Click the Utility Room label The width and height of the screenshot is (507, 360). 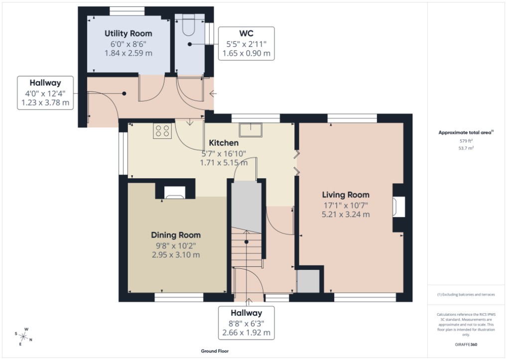tap(128, 33)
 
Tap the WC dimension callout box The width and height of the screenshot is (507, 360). tap(246, 43)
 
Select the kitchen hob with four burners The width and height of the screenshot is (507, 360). tap(162, 131)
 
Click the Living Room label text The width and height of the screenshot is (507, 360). tap(345, 195)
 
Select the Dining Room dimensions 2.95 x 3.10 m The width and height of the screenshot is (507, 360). tap(176, 255)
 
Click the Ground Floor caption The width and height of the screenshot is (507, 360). tap(215, 351)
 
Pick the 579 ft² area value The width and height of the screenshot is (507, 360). tap(466, 141)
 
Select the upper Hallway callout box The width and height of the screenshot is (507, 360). tap(45, 93)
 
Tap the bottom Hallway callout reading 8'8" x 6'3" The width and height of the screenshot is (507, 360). tap(246, 323)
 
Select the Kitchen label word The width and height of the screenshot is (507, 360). tap(223, 143)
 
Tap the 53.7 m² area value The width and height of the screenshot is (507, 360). tap(466, 148)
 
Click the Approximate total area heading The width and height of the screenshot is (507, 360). tap(466, 132)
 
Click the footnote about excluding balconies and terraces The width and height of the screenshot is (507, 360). tap(466, 295)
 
